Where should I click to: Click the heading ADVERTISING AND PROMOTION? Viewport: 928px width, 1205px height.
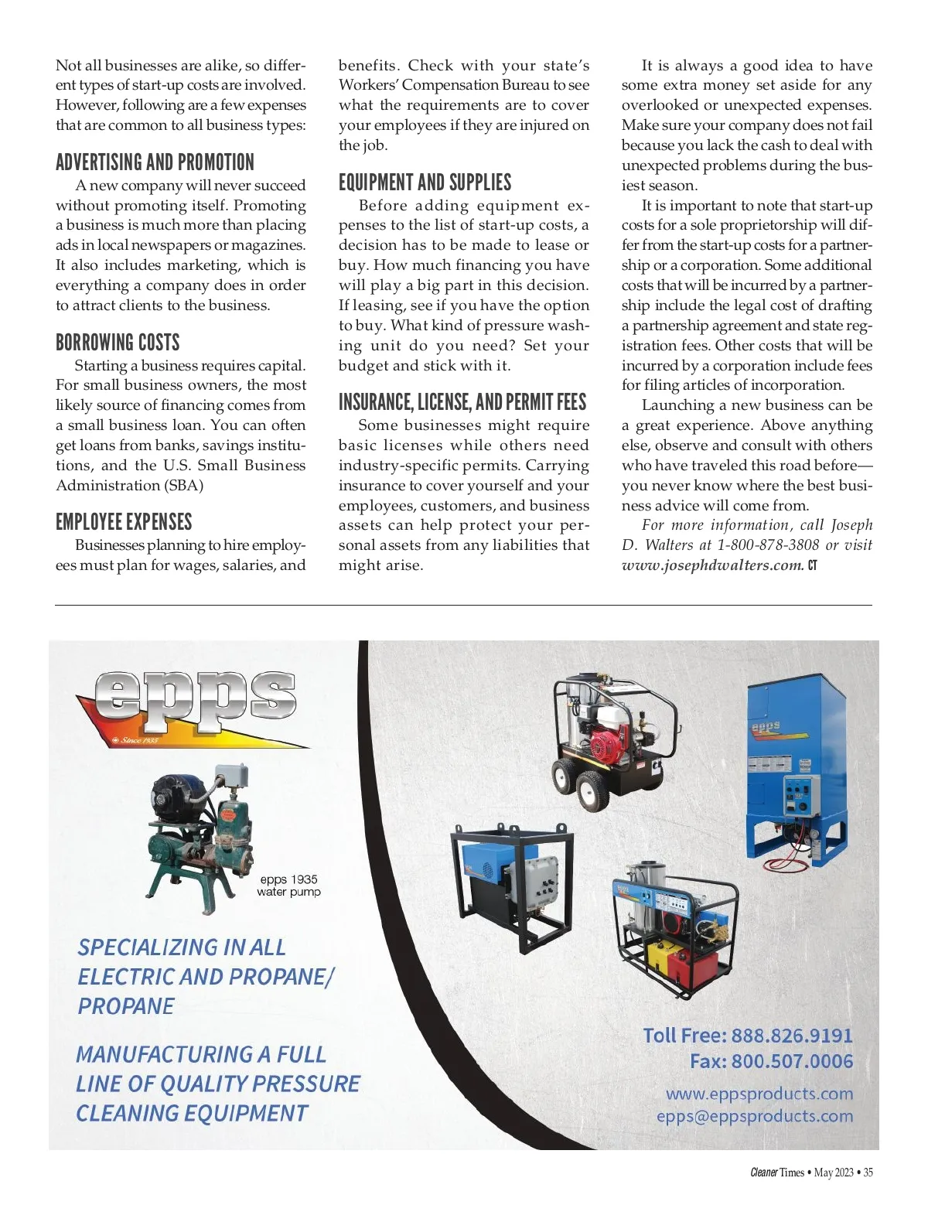(x=155, y=162)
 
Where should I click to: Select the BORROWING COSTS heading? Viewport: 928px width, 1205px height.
(x=118, y=343)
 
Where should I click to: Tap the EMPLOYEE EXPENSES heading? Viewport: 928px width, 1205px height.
(x=124, y=522)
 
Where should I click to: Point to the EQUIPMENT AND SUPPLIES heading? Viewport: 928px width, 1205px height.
(x=425, y=183)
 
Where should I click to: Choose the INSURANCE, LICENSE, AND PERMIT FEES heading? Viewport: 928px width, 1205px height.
(x=462, y=402)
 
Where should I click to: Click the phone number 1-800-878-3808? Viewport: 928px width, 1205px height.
(x=767, y=544)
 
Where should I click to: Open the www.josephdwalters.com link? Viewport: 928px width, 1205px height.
(x=712, y=565)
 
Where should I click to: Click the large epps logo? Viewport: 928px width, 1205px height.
(x=193, y=704)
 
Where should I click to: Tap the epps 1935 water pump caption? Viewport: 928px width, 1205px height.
(x=288, y=886)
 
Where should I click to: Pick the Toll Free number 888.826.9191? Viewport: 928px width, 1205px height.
(x=791, y=1036)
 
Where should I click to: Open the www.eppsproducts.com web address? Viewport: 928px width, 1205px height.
(x=759, y=1094)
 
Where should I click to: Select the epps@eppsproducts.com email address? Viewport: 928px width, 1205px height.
(x=754, y=1116)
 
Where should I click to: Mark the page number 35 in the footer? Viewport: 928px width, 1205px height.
(x=868, y=1173)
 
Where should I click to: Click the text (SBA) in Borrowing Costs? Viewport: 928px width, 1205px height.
(x=183, y=486)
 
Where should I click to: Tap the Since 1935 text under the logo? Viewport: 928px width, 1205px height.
(x=138, y=740)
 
